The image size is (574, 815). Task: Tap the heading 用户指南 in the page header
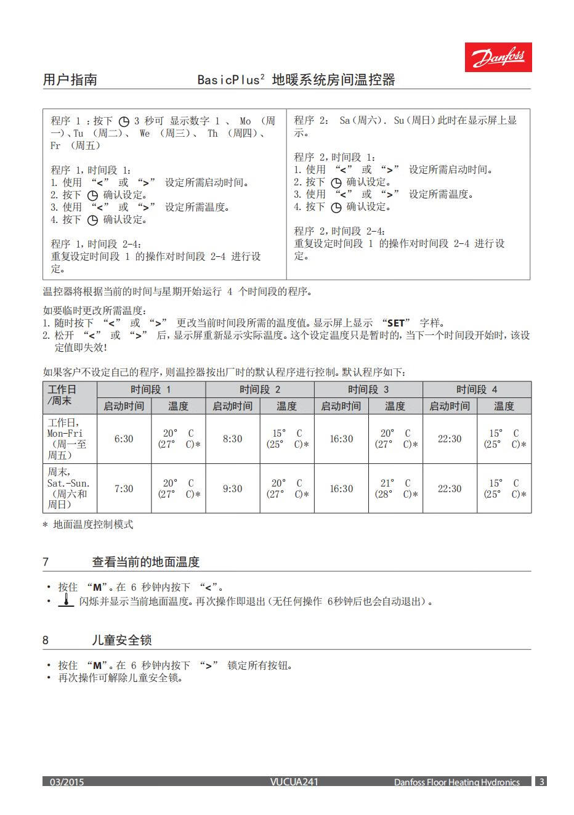pyautogui.click(x=70, y=79)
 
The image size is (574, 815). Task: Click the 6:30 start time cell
pyautogui.click(x=124, y=439)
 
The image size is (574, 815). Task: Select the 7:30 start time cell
pyautogui.click(x=124, y=489)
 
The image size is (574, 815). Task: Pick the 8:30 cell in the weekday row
pyautogui.click(x=232, y=439)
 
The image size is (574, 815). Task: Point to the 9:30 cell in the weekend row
pyautogui.click(x=232, y=489)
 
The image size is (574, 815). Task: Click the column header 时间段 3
pyautogui.click(x=368, y=389)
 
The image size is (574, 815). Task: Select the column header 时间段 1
pyautogui.click(x=151, y=389)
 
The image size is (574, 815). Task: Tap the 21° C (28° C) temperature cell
pyautogui.click(x=395, y=489)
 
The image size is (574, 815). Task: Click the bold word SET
pyautogui.click(x=396, y=323)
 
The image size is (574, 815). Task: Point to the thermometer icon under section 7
pyautogui.click(x=66, y=601)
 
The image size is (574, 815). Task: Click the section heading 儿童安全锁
pyautogui.click(x=121, y=640)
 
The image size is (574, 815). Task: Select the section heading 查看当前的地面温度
pyautogui.click(x=146, y=562)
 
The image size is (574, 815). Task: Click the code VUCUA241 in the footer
pyautogui.click(x=294, y=782)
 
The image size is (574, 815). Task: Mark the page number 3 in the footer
pyautogui.click(x=541, y=781)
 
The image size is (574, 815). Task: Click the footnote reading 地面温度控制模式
pyautogui.click(x=92, y=524)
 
